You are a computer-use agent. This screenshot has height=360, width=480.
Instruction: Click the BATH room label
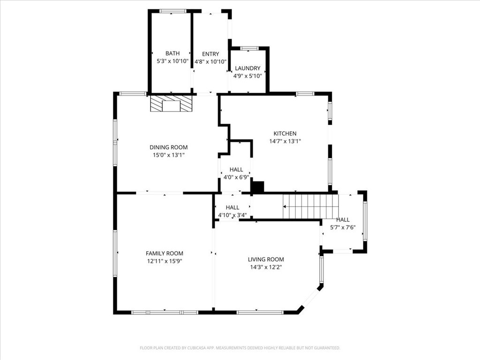click(x=172, y=53)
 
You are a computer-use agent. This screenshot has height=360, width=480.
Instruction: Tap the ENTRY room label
click(x=210, y=54)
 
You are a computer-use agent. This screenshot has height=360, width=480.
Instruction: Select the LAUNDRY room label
click(x=247, y=68)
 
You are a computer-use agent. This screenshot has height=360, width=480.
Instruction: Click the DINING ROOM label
click(x=168, y=147)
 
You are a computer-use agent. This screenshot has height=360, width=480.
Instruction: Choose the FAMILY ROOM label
click(x=164, y=253)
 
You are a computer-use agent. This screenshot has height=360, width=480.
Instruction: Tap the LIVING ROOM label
click(x=266, y=259)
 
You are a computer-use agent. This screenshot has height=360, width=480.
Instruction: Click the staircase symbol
click(x=310, y=206)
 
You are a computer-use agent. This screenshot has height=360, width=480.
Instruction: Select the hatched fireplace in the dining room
click(x=171, y=104)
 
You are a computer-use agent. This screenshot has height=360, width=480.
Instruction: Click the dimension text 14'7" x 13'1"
click(x=285, y=141)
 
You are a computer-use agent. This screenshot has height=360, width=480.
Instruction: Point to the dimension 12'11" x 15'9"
click(x=164, y=261)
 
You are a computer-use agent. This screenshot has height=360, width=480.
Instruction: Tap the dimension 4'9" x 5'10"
click(x=247, y=76)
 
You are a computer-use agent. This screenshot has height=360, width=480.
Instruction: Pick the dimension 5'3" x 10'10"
click(x=172, y=61)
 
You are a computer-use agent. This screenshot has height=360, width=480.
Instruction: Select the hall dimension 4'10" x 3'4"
click(x=232, y=215)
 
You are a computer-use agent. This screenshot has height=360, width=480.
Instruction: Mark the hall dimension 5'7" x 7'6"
click(x=343, y=227)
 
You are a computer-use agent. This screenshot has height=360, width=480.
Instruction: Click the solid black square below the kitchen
click(x=258, y=187)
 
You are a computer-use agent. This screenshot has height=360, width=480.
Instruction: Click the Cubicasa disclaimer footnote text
click(x=240, y=348)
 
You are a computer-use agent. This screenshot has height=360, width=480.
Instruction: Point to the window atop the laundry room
click(x=249, y=48)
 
